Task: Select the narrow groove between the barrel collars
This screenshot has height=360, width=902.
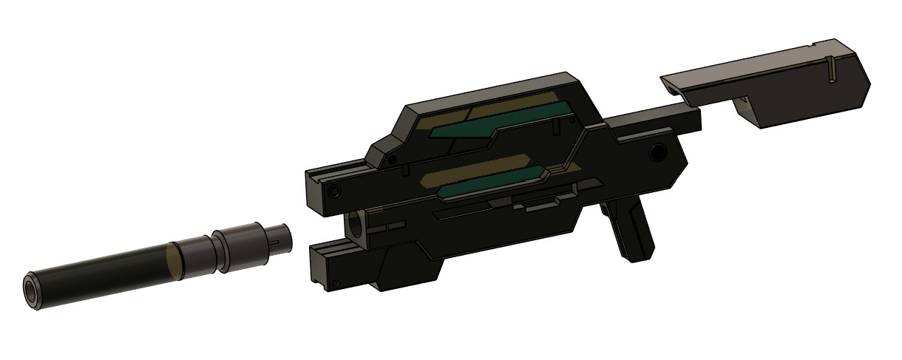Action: pyautogui.click(x=218, y=250)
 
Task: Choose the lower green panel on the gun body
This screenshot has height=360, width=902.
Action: pyautogui.click(x=492, y=186)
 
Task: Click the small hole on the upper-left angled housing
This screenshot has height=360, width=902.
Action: pyautogui.click(x=393, y=158)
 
